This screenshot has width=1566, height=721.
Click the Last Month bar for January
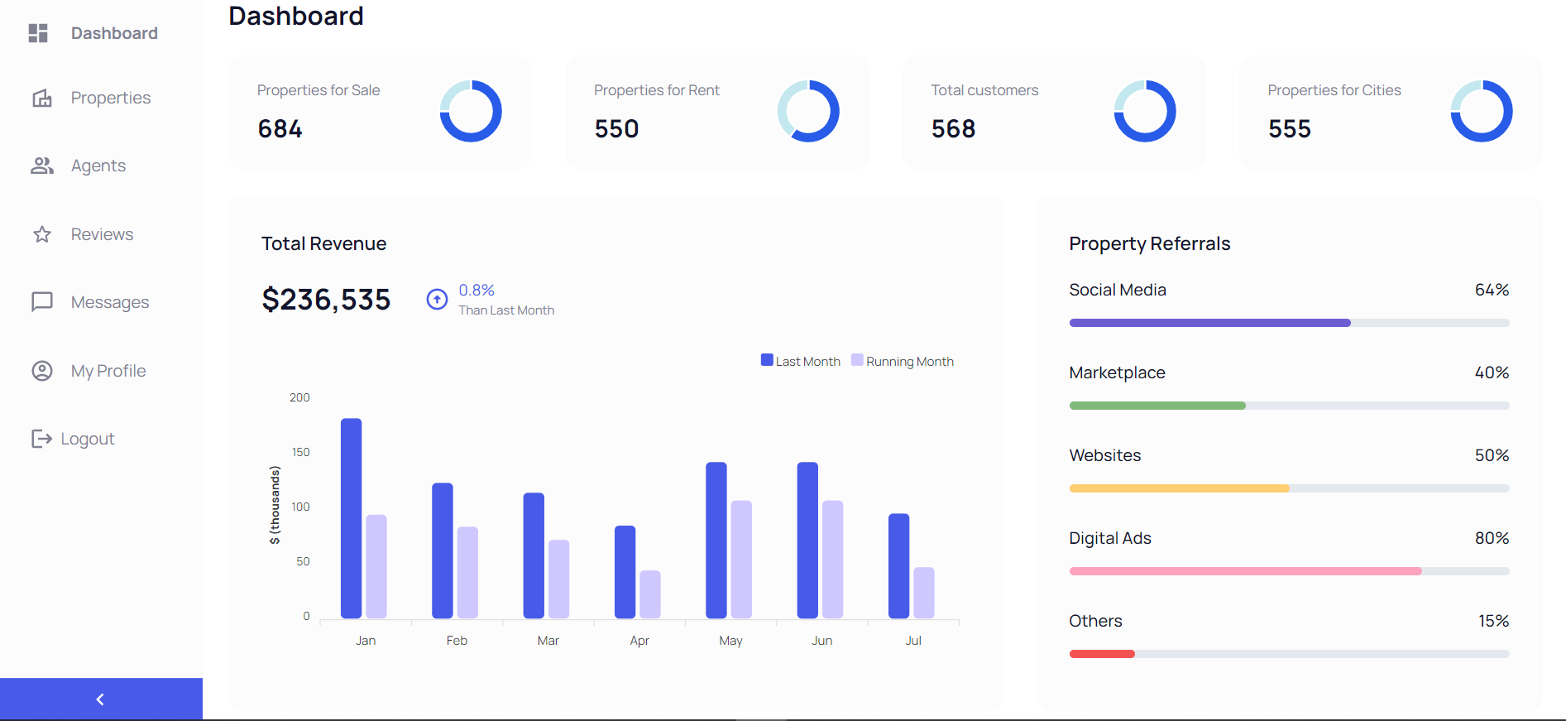point(351,518)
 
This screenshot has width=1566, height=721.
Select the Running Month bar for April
point(650,594)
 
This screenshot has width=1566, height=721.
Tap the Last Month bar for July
point(898,566)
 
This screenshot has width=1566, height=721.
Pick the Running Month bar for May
point(741,560)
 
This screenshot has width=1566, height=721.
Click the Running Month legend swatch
point(857,360)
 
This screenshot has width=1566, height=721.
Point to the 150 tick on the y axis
point(300,452)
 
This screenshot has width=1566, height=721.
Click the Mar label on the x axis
point(548,641)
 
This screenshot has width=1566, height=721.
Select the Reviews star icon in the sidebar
point(42,234)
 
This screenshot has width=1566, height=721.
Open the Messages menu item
point(109,302)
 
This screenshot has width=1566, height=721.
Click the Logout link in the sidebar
point(87,439)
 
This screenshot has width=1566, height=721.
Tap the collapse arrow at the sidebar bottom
point(100,699)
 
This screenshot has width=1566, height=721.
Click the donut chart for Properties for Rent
point(808,111)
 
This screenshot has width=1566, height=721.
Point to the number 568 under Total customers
point(953,129)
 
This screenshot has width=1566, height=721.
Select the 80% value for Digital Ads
point(1492,538)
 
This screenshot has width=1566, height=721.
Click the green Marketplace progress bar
point(1157,406)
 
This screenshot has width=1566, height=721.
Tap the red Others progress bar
point(1102,654)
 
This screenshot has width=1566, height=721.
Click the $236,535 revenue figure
point(326,300)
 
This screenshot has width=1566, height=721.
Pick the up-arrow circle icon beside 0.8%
point(437,299)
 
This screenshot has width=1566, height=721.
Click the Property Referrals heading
point(1149,243)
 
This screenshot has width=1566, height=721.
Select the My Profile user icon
point(42,371)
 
